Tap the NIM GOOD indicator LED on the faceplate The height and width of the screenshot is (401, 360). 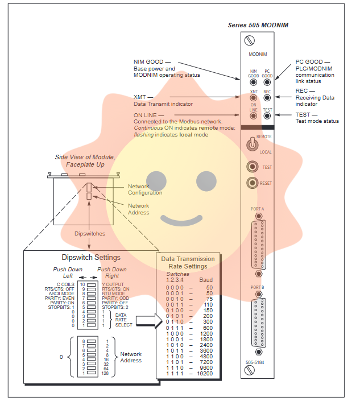point(253,82)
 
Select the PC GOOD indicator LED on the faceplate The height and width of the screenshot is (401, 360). point(267,82)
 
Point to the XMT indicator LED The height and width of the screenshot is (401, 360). point(253,99)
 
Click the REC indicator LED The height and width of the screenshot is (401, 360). point(267,99)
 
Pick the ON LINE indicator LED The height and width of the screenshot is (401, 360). point(253,116)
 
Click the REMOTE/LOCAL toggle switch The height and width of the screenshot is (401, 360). point(250,145)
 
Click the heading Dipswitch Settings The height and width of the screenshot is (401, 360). point(91,258)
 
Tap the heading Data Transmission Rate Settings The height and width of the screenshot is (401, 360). point(188,263)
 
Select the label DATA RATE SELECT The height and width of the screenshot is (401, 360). point(123,320)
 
